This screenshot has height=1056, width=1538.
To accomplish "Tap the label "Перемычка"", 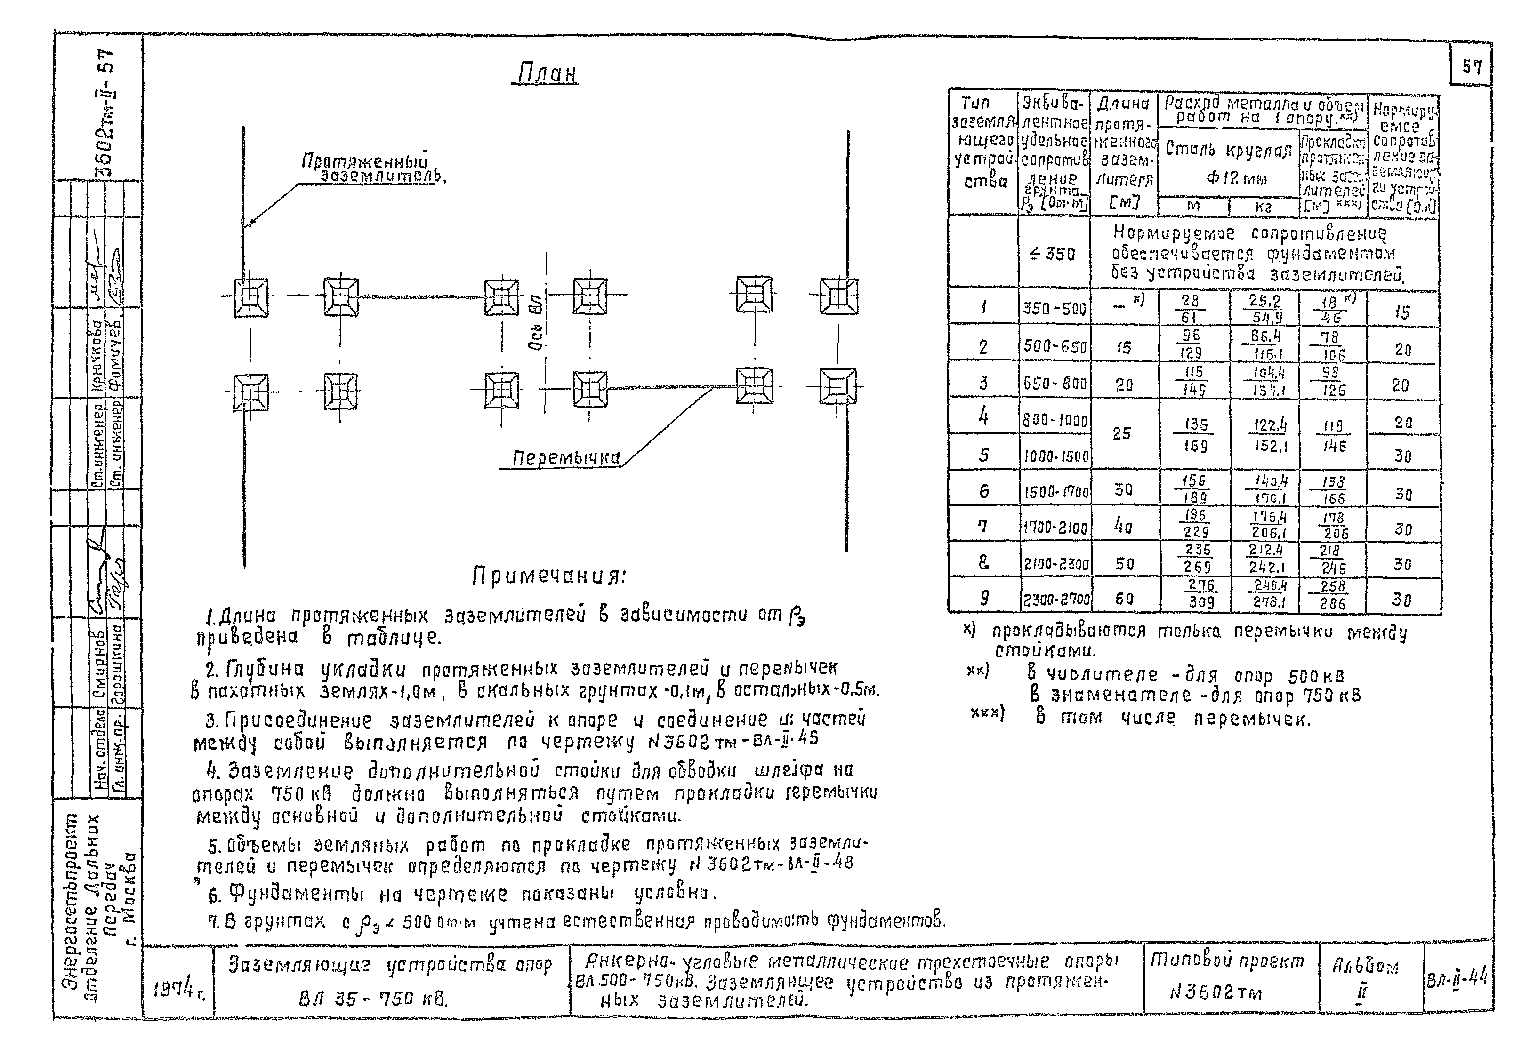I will (566, 458).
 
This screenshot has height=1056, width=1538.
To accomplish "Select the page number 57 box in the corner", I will (1471, 67).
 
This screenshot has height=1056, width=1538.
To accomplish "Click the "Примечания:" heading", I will (548, 577).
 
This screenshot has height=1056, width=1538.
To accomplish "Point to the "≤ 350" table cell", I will (1053, 254).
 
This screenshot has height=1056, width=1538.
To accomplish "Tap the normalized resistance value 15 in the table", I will (1401, 312).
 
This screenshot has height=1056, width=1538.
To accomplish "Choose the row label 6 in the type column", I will (984, 491).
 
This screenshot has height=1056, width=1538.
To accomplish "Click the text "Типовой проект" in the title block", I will (1228, 961).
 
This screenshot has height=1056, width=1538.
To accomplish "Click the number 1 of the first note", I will (210, 619).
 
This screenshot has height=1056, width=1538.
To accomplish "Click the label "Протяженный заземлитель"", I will (374, 168).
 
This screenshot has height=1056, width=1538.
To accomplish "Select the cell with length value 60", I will (1124, 599).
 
